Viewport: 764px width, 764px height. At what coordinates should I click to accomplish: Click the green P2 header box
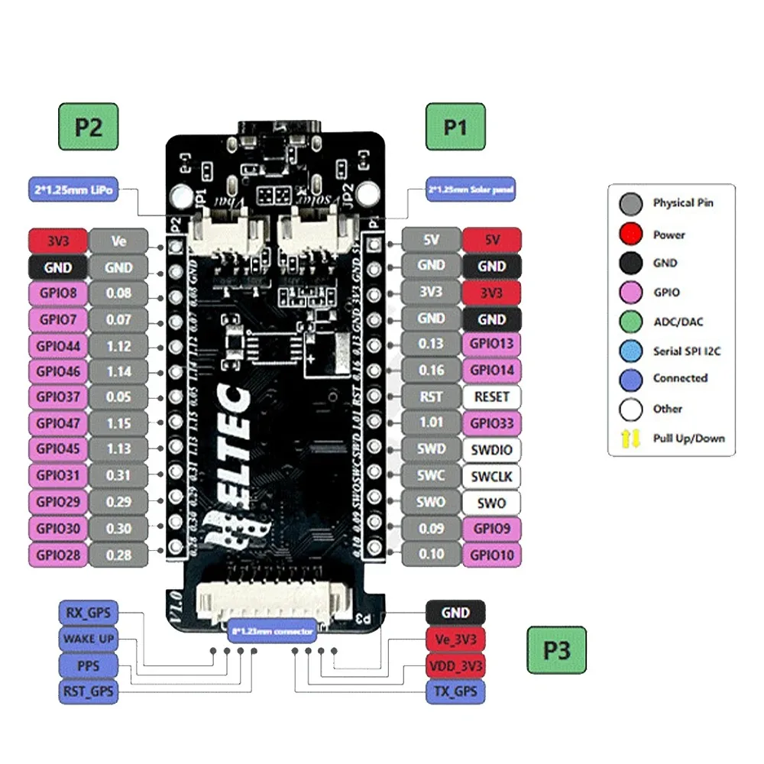(89, 126)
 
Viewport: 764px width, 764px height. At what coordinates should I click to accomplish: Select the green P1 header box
(455, 126)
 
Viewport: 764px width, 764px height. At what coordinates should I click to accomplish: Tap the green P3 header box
(556, 650)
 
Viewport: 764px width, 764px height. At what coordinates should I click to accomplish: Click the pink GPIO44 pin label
(57, 345)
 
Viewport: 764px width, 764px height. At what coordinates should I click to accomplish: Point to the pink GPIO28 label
(57, 555)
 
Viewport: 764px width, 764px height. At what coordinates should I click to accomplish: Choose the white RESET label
(491, 397)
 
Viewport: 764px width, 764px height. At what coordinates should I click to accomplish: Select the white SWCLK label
(491, 477)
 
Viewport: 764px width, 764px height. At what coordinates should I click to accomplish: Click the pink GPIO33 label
(491, 423)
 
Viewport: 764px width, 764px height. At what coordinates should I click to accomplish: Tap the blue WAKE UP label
(89, 638)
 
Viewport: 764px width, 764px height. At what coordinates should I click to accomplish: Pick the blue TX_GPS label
(455, 692)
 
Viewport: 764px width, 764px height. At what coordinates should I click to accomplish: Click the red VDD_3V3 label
(455, 665)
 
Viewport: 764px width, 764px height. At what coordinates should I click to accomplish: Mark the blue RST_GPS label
(89, 692)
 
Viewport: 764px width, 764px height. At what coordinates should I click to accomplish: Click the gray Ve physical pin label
(119, 241)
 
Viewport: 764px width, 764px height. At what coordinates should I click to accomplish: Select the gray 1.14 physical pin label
(119, 371)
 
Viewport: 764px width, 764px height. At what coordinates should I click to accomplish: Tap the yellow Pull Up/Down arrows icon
(630, 439)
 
